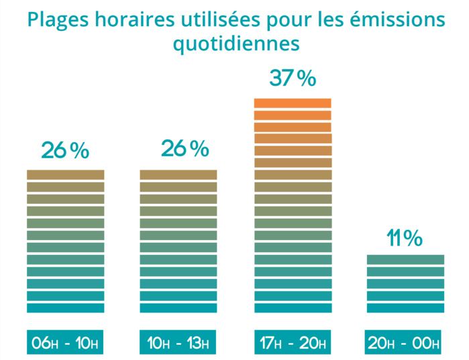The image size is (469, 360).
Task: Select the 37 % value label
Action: [x=293, y=78]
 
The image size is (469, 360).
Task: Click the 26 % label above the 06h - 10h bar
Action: [x=65, y=151]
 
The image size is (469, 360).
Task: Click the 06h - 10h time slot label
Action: [x=65, y=344]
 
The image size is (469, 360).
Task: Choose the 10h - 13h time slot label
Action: [x=178, y=344]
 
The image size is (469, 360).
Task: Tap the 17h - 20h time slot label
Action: [x=293, y=344]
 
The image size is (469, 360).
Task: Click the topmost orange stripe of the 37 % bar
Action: [x=293, y=103]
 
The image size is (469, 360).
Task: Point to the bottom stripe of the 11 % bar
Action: [x=405, y=308]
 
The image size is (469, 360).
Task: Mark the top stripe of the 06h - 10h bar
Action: [x=65, y=174]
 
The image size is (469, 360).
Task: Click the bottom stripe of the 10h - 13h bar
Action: [x=178, y=308]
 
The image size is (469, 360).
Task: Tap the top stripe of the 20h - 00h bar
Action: [x=405, y=259]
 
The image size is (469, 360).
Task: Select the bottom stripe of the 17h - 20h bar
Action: [x=293, y=308]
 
